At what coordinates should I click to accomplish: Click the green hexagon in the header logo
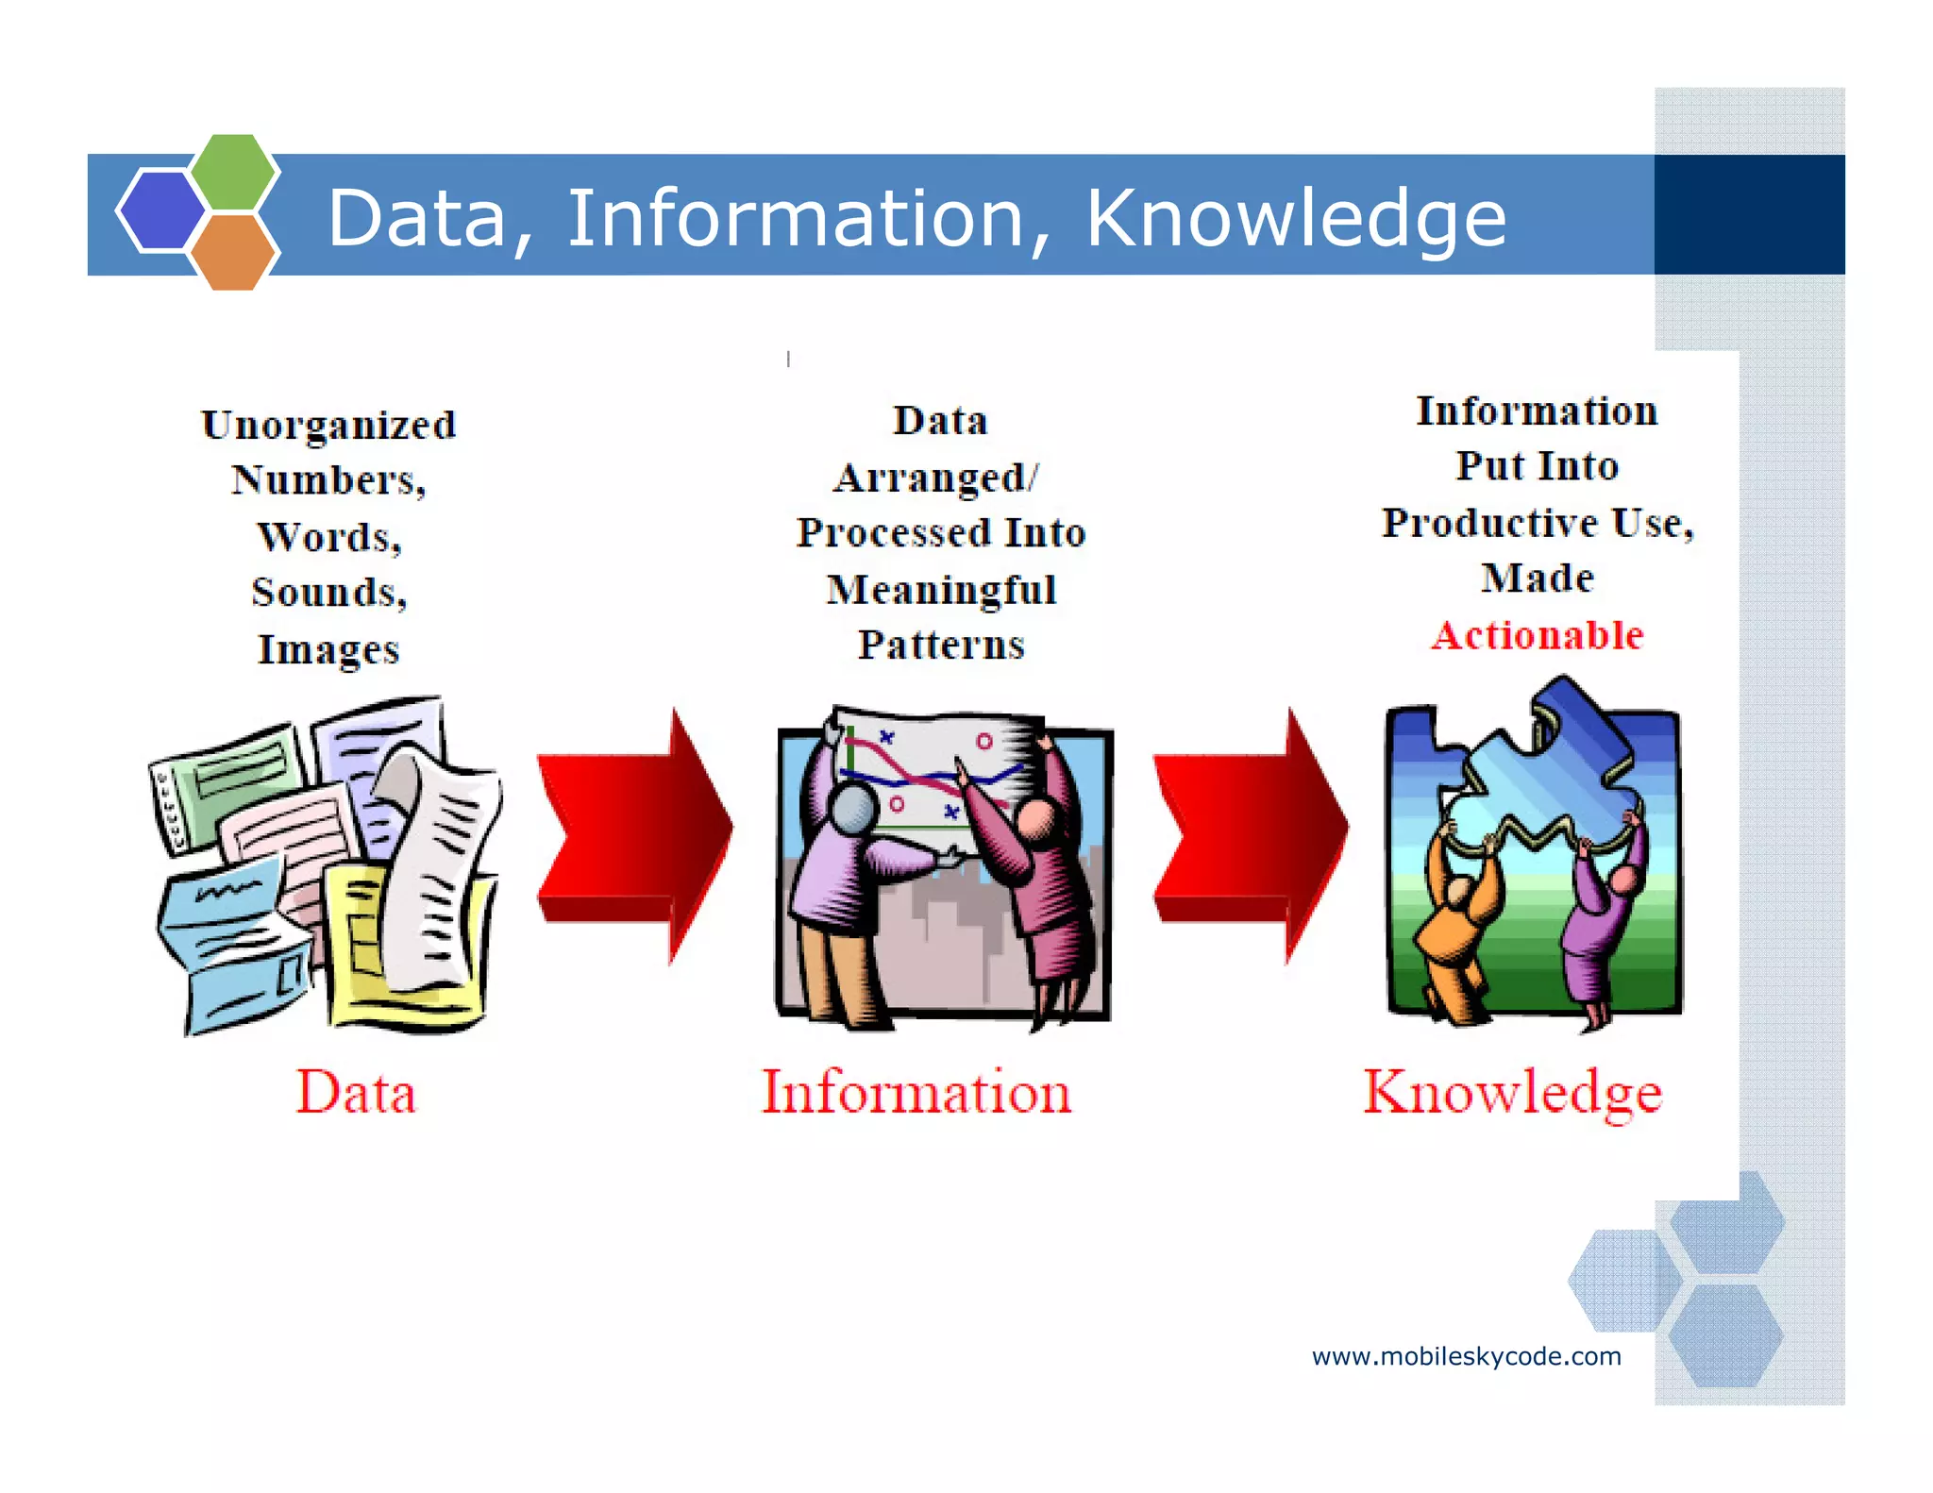click(x=233, y=171)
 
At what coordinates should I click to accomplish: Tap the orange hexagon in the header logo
click(x=232, y=252)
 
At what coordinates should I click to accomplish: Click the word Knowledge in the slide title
click(x=1295, y=219)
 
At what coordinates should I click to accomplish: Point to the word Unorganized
click(x=328, y=426)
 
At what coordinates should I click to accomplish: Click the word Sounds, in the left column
click(x=328, y=593)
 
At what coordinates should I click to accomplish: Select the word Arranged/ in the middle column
click(x=935, y=478)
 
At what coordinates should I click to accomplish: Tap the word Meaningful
click(x=941, y=590)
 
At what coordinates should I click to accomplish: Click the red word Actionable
click(x=1537, y=635)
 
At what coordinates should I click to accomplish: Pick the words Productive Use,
click(x=1538, y=523)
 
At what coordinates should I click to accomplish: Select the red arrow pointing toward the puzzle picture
click(x=1249, y=835)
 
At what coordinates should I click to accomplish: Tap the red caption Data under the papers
click(x=356, y=1093)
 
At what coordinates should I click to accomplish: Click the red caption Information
click(x=916, y=1093)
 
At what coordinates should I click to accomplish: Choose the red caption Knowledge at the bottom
click(x=1512, y=1093)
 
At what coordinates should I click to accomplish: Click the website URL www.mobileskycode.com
click(x=1466, y=1357)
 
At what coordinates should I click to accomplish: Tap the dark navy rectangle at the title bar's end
click(x=1749, y=215)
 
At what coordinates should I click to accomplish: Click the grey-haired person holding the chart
click(x=840, y=878)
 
